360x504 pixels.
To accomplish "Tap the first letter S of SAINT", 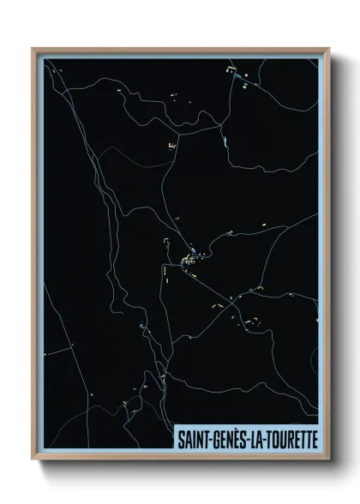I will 180,437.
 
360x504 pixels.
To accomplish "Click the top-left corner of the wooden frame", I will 33,49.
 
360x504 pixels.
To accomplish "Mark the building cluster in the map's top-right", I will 241,80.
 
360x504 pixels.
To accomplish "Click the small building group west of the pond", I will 172,148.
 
